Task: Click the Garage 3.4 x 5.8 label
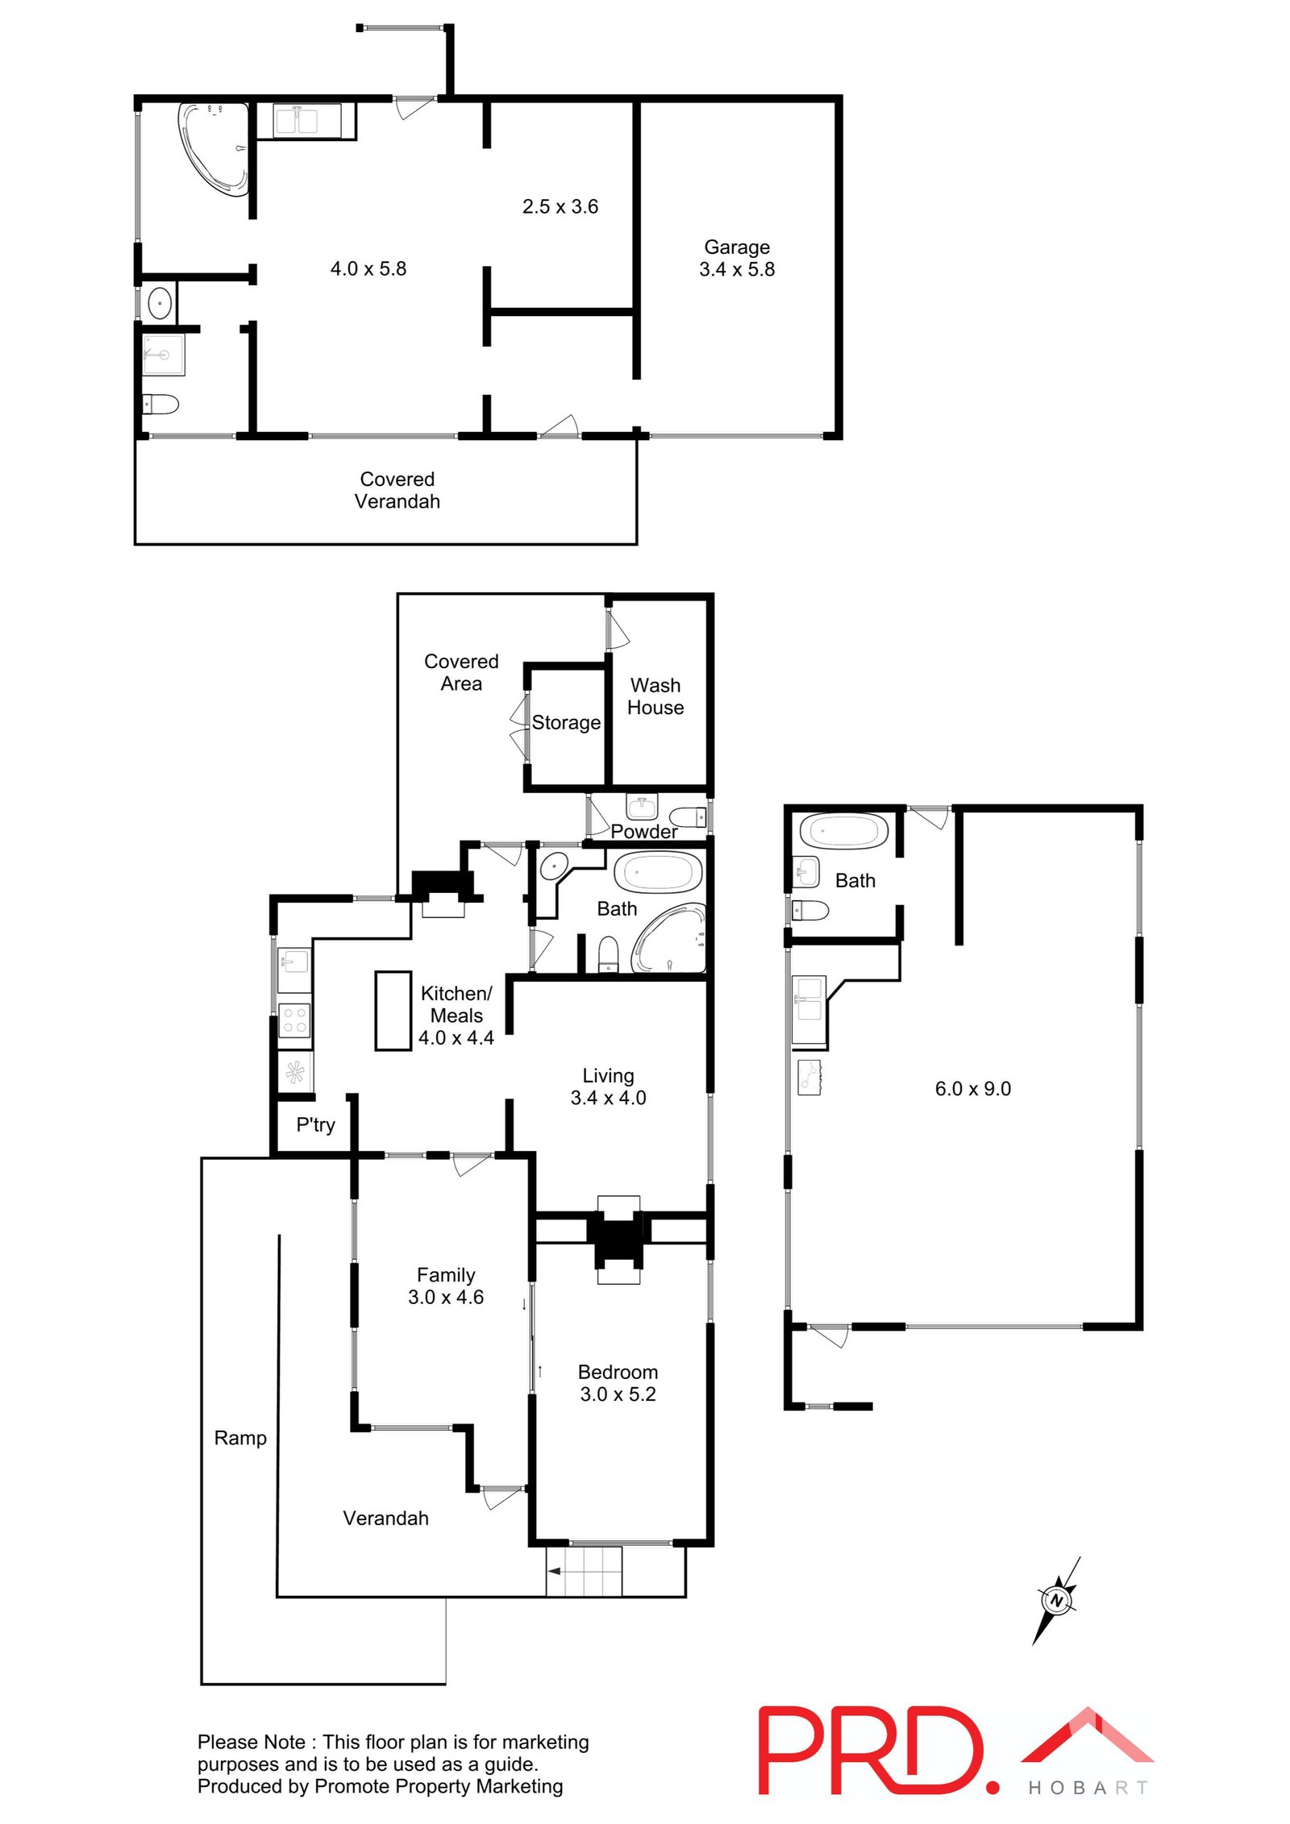[736, 258]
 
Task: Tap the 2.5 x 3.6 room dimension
[560, 206]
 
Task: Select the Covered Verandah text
[397, 490]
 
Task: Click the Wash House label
[655, 696]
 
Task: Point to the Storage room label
[565, 722]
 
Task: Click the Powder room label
[643, 831]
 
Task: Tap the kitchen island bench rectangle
[393, 1010]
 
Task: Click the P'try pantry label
[315, 1124]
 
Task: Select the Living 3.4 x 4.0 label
[608, 1087]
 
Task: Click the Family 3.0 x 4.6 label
[445, 1286]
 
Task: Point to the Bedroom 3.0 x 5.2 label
[618, 1383]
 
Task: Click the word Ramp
[240, 1438]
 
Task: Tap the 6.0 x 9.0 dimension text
[972, 1089]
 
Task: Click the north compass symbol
[1056, 1601]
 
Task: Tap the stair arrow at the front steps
[556, 1571]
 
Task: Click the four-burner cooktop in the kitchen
[293, 1020]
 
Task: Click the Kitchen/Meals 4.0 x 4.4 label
[456, 1016]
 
